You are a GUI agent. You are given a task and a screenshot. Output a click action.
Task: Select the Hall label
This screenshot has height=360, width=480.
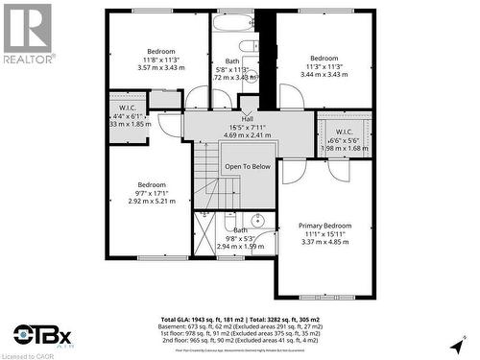[x=247, y=117]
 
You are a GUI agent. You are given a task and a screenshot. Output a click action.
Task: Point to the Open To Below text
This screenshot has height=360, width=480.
[x=248, y=166]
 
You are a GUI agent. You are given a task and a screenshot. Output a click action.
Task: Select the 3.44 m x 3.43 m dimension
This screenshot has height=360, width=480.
[x=324, y=73]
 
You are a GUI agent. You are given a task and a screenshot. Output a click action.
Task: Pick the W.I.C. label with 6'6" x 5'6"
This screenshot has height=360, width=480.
[x=346, y=132]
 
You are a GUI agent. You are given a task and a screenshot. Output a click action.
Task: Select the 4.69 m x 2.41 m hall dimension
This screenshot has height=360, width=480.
[x=247, y=134]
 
